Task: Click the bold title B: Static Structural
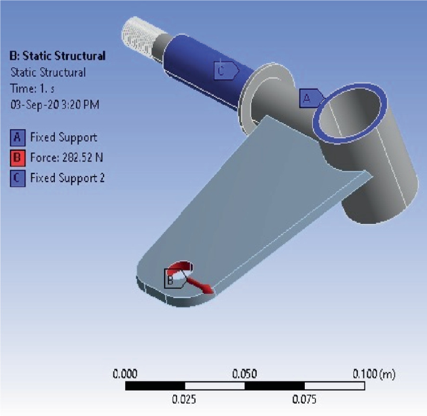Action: [x=58, y=56]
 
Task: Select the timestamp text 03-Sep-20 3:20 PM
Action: [x=55, y=104]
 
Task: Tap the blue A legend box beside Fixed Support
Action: [x=18, y=137]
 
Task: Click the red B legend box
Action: [x=18, y=158]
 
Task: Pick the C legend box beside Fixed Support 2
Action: [x=18, y=178]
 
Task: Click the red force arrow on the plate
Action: [x=200, y=286]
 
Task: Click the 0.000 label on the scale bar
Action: [x=125, y=374]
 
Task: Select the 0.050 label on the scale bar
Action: [x=244, y=374]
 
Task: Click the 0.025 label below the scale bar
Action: [x=185, y=400]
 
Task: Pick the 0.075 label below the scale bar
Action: [x=304, y=400]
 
